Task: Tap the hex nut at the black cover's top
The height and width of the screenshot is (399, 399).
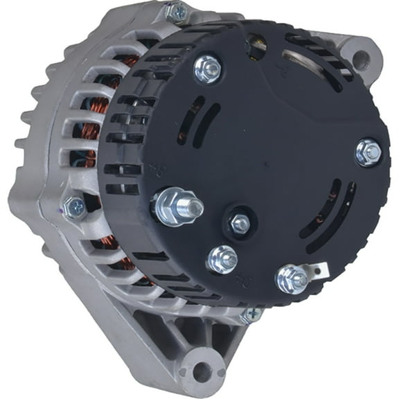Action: pos(206,68)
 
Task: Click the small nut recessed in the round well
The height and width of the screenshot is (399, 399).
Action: pos(239,223)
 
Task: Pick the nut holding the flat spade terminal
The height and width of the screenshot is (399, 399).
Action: pos(291,278)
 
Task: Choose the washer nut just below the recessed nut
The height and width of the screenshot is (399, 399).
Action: pos(222,259)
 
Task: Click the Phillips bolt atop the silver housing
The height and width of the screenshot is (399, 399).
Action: pos(176,12)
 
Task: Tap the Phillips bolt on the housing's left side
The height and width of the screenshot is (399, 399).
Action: pos(73,206)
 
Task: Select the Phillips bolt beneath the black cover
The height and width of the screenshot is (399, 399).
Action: pos(251,315)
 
